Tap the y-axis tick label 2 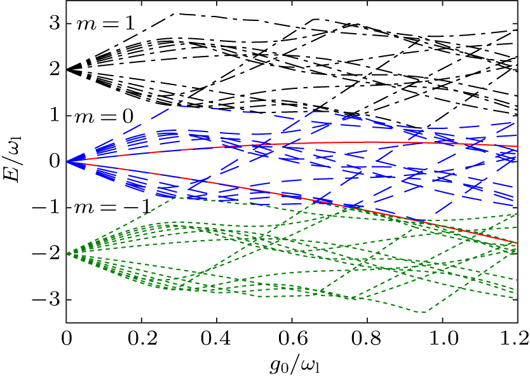click(54, 70)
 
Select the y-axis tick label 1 click(54, 116)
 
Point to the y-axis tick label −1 click(48, 208)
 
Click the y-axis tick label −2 click(48, 253)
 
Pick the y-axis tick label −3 click(48, 299)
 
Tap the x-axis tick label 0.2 click(142, 335)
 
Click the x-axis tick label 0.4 click(217, 335)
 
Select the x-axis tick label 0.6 click(292, 335)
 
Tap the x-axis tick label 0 click(67, 335)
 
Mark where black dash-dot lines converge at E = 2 click(68, 70)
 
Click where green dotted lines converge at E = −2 click(68, 253)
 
